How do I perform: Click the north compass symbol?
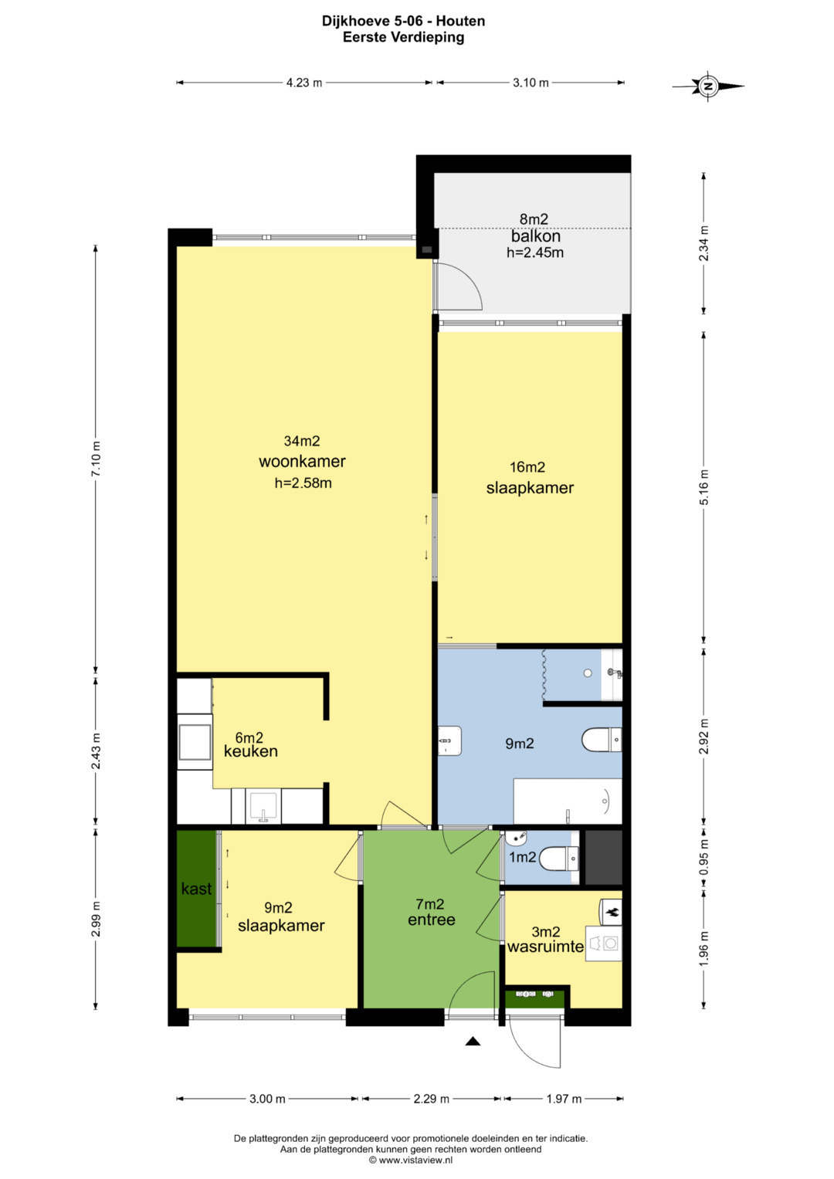(708, 85)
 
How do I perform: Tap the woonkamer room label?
(302, 462)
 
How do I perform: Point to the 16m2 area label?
(527, 467)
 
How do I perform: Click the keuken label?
(251, 751)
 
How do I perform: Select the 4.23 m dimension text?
(304, 83)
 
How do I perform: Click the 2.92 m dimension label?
(704, 736)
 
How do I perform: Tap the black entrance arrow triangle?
(473, 1041)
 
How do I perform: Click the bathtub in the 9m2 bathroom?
(568, 801)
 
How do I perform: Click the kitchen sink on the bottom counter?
(265, 806)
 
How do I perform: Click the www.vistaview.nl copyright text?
(411, 1160)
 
